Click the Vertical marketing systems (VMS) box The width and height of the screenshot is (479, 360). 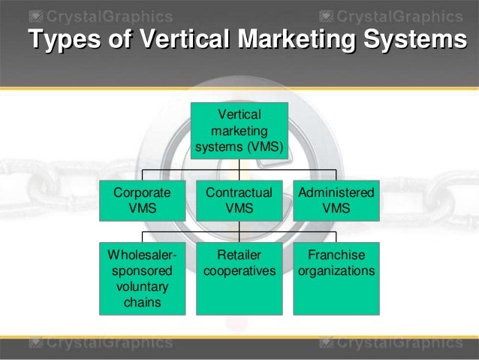[239, 132]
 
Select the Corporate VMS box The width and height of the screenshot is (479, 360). [143, 200]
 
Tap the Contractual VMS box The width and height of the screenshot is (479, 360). [239, 200]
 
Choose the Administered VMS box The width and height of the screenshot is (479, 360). [336, 200]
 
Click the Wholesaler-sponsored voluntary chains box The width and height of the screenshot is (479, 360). [143, 277]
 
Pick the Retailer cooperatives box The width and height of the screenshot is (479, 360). [239, 277]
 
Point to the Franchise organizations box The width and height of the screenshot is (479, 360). [336, 277]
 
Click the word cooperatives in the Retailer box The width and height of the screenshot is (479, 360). [239, 271]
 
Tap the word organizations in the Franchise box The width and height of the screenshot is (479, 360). [336, 271]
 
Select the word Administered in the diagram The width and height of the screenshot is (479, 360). [336, 193]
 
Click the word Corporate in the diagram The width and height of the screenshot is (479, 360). [143, 193]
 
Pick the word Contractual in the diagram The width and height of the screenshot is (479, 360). [239, 193]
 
